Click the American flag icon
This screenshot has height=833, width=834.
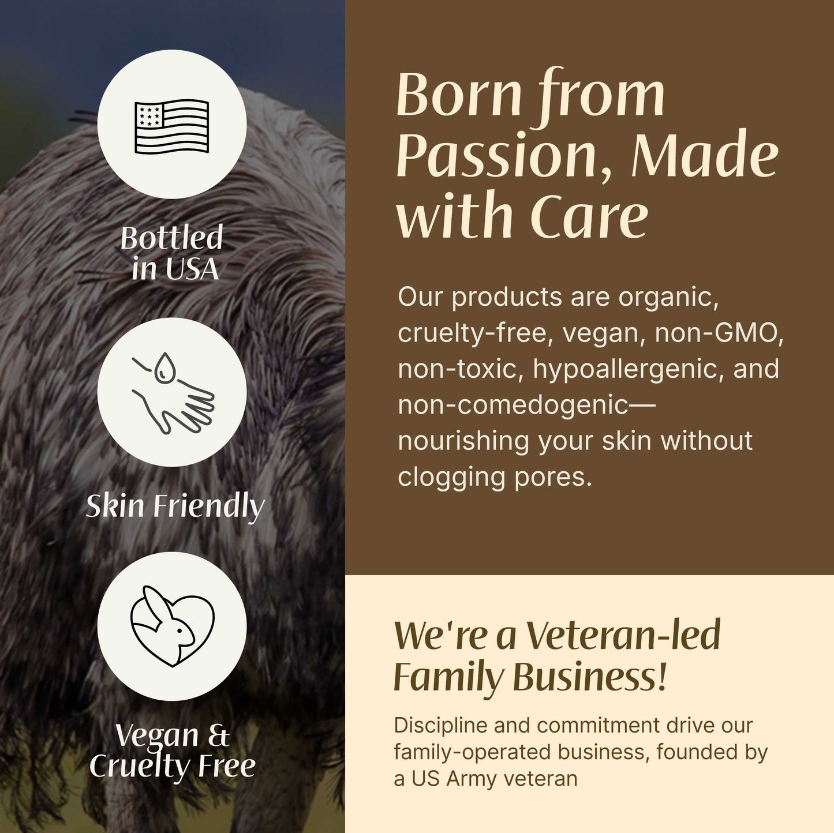click(x=171, y=126)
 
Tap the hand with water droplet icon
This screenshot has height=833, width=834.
click(x=172, y=392)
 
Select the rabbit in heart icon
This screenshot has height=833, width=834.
click(x=172, y=626)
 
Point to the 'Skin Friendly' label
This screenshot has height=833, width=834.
click(x=175, y=506)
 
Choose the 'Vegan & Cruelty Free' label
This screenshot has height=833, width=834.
click(x=172, y=750)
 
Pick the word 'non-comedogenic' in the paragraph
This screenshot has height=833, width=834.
click(x=513, y=405)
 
